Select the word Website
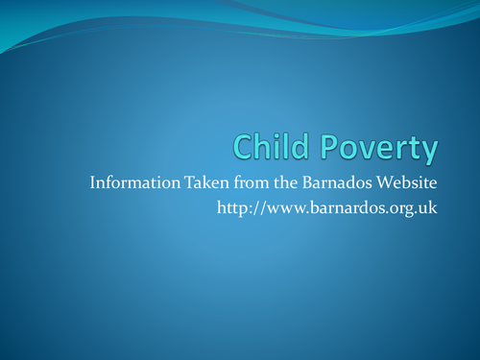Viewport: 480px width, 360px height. tap(406, 182)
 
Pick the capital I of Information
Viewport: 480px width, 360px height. tap(91, 182)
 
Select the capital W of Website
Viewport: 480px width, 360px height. tap(381, 182)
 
